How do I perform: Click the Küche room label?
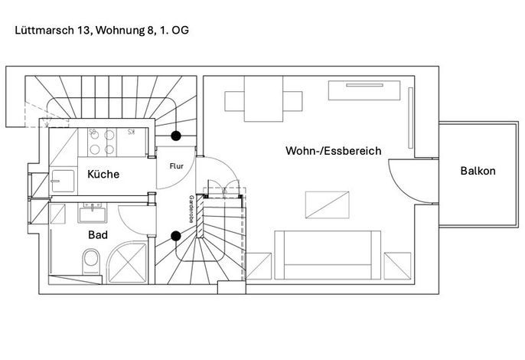[x=103, y=174]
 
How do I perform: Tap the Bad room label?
[x=98, y=234]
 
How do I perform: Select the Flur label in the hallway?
[x=177, y=166]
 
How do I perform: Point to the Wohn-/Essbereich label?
[x=333, y=150]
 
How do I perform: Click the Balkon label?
[x=478, y=171]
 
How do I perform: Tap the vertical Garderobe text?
[x=191, y=209]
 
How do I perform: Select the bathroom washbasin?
[x=92, y=213]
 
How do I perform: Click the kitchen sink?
[x=63, y=181]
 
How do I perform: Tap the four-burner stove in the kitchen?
[x=102, y=142]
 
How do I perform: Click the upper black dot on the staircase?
[x=176, y=136]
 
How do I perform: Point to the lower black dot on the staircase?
[x=176, y=236]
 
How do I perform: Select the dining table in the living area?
[x=263, y=99]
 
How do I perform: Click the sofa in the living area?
[x=328, y=255]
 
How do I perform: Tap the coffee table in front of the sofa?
[x=327, y=205]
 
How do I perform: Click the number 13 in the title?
[x=84, y=30]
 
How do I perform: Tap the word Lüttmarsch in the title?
[x=44, y=30]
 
